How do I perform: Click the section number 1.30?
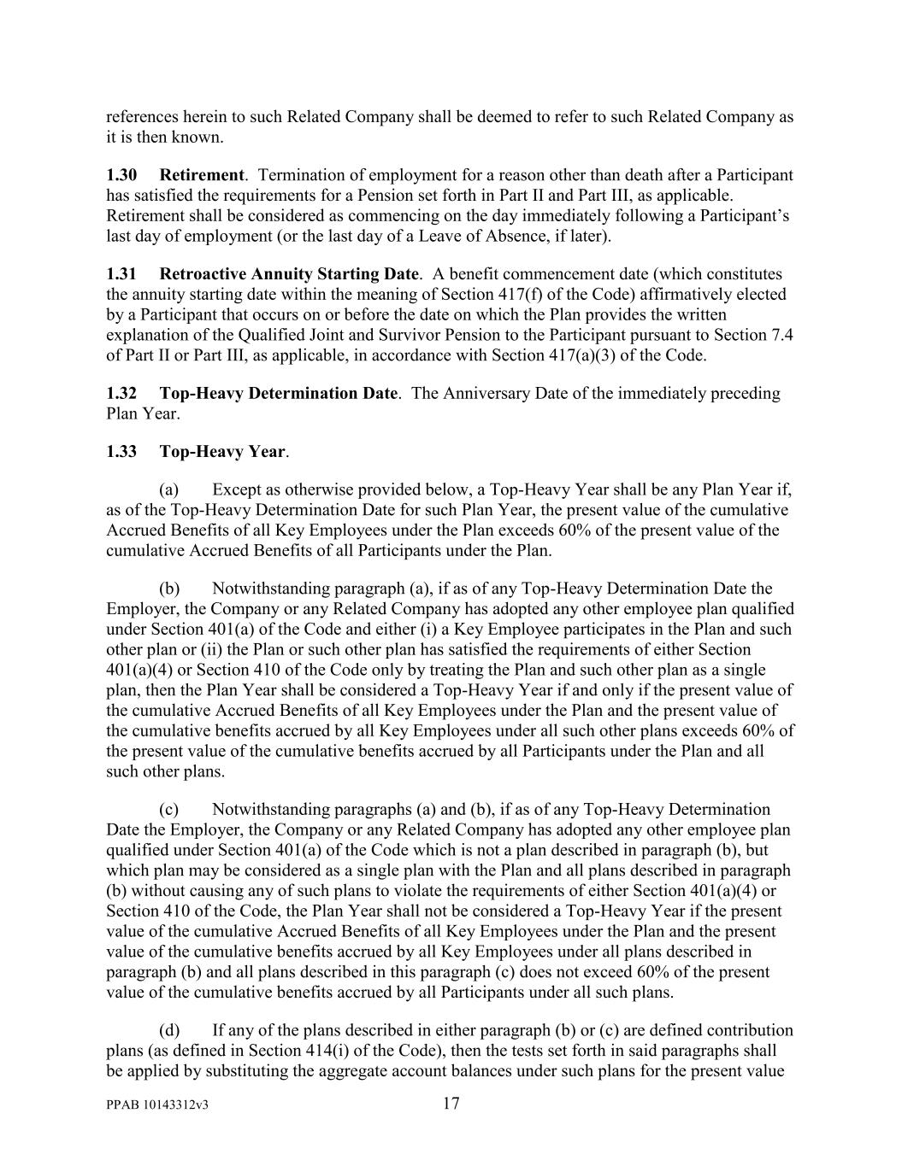click(121, 175)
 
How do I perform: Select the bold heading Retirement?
click(202, 175)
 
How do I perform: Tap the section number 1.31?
click(121, 274)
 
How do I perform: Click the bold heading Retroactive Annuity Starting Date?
click(289, 274)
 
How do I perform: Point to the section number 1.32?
click(121, 394)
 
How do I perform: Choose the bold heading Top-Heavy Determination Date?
click(279, 394)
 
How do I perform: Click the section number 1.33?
click(121, 451)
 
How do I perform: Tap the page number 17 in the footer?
click(451, 1104)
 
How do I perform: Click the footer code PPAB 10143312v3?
click(158, 1105)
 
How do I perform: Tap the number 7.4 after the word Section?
click(782, 335)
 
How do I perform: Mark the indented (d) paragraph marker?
click(168, 1030)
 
